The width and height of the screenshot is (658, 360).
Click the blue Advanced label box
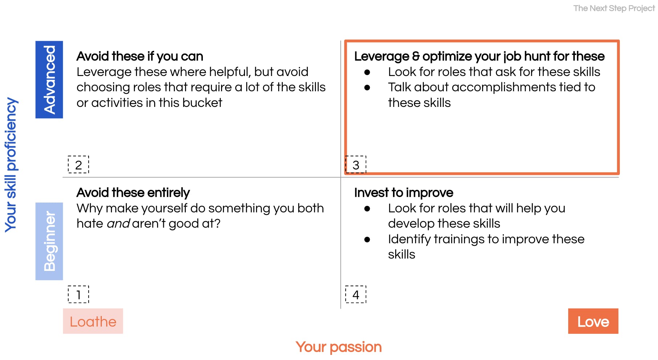pyautogui.click(x=49, y=80)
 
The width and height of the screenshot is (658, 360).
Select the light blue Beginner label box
pyautogui.click(x=49, y=241)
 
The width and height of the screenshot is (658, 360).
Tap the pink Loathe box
pyautogui.click(x=93, y=321)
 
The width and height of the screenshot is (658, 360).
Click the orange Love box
pyautogui.click(x=593, y=321)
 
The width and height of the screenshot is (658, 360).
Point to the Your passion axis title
pyautogui.click(x=338, y=347)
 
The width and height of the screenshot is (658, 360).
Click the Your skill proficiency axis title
pyautogui.click(x=11, y=165)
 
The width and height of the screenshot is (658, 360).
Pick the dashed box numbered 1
pyautogui.click(x=79, y=295)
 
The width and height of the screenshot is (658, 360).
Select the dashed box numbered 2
pyautogui.click(x=79, y=165)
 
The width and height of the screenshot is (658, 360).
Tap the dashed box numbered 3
pyautogui.click(x=356, y=165)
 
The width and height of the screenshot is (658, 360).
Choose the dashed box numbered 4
pyautogui.click(x=356, y=295)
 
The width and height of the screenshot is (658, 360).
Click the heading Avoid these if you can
pyautogui.click(x=140, y=56)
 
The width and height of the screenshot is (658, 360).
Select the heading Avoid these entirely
pyautogui.click(x=133, y=193)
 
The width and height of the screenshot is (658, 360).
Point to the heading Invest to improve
pyautogui.click(x=404, y=193)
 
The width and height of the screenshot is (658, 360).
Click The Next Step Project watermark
pyautogui.click(x=614, y=8)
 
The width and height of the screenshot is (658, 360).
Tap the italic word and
pyautogui.click(x=118, y=224)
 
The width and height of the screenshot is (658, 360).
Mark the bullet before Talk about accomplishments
pyautogui.click(x=367, y=88)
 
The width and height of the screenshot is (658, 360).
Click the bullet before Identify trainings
pyautogui.click(x=367, y=240)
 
